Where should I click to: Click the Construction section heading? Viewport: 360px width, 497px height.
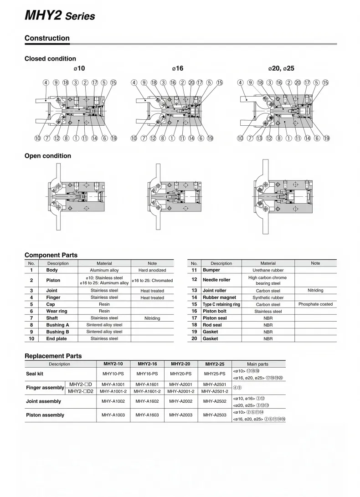(47, 38)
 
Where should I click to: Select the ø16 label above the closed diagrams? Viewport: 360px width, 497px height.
(177, 68)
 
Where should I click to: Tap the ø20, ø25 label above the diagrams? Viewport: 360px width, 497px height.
(281, 68)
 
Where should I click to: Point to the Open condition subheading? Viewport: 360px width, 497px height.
(48, 156)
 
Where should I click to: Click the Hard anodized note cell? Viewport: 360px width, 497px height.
(152, 270)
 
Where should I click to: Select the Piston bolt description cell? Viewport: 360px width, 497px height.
(214, 311)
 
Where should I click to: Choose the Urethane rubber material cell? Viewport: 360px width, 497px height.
(268, 270)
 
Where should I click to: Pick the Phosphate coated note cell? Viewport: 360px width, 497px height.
(315, 304)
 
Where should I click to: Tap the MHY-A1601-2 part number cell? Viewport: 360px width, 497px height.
(147, 391)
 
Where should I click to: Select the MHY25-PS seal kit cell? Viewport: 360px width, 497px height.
(215, 374)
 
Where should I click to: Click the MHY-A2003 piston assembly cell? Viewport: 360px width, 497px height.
(181, 415)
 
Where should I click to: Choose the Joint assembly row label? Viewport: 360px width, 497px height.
(44, 401)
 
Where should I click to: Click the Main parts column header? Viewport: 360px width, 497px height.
(257, 364)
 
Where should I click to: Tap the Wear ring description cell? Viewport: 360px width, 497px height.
(57, 311)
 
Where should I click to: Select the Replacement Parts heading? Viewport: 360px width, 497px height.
(53, 356)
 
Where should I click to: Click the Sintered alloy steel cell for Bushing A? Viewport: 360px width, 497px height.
(104, 325)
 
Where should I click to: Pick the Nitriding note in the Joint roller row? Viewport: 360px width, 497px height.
(315, 290)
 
